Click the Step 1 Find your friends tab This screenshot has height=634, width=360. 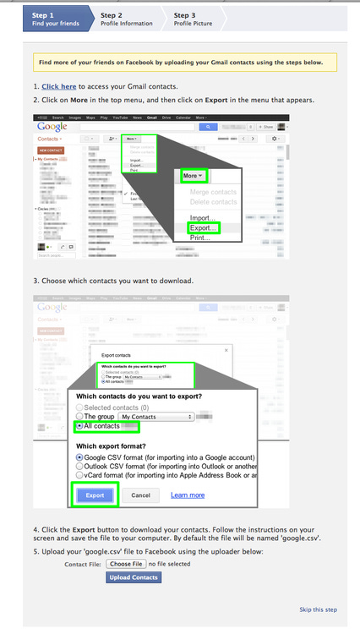[57, 19]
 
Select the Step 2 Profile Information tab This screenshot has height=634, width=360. [127, 19]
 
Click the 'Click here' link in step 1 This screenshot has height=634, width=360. [59, 86]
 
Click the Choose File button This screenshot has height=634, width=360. [126, 563]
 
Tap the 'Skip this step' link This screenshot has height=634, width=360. [318, 609]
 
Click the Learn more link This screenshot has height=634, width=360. [188, 495]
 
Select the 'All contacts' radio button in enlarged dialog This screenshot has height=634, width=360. [80, 426]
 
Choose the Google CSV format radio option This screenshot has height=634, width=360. [80, 456]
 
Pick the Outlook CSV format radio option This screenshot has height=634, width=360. [80, 466]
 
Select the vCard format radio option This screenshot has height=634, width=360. [80, 475]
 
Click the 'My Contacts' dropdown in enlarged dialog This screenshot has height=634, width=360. [155, 417]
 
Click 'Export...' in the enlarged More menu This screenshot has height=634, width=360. [204, 228]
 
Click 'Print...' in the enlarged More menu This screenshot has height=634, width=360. [200, 238]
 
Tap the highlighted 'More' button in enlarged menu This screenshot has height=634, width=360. [194, 176]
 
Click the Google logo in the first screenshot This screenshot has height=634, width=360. [53, 127]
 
